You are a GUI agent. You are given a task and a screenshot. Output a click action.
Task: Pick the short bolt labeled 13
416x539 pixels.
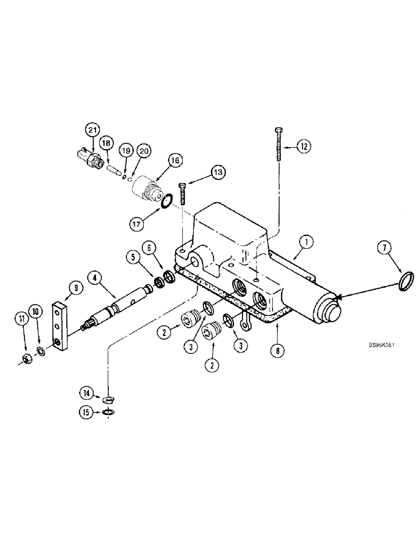(x=183, y=195)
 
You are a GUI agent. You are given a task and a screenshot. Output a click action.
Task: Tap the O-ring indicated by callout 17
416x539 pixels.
(x=167, y=202)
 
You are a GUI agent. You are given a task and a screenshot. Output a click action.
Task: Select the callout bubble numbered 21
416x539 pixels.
(x=93, y=130)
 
